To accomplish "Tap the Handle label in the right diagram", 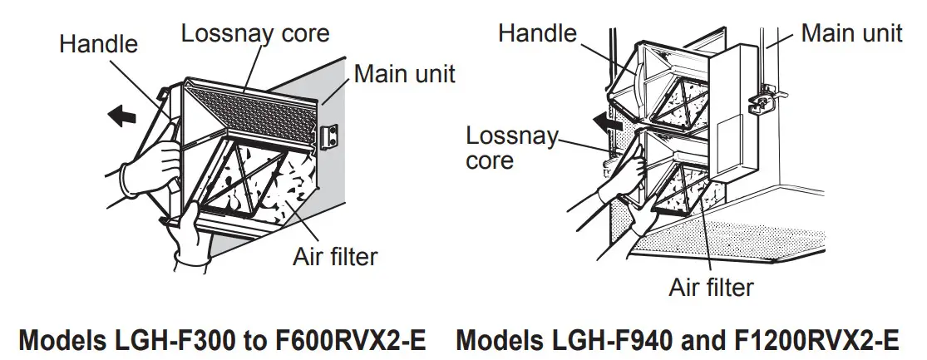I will (x=536, y=32).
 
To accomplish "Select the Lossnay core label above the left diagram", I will (x=255, y=33).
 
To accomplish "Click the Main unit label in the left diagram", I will (x=405, y=73).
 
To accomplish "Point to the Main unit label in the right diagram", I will (x=851, y=32).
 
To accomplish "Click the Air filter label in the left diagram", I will (x=335, y=256).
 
